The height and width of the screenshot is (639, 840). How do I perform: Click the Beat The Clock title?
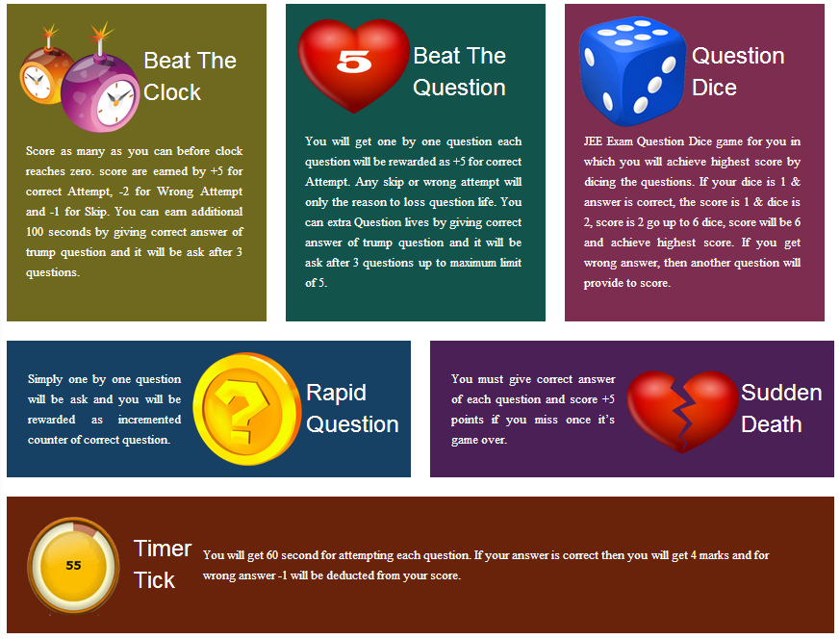(189, 77)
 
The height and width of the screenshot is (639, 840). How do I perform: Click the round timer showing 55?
(73, 565)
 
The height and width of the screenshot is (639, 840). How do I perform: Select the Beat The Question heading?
(459, 72)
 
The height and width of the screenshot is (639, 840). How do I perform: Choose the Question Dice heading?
(737, 72)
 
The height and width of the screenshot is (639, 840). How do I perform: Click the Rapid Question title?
(352, 409)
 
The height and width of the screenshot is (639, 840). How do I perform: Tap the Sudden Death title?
(780, 409)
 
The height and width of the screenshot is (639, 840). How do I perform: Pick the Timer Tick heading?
(162, 564)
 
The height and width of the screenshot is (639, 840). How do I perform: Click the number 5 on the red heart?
(354, 63)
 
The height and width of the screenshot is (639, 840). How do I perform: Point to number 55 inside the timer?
(73, 566)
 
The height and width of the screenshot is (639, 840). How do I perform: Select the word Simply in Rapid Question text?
(46, 379)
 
